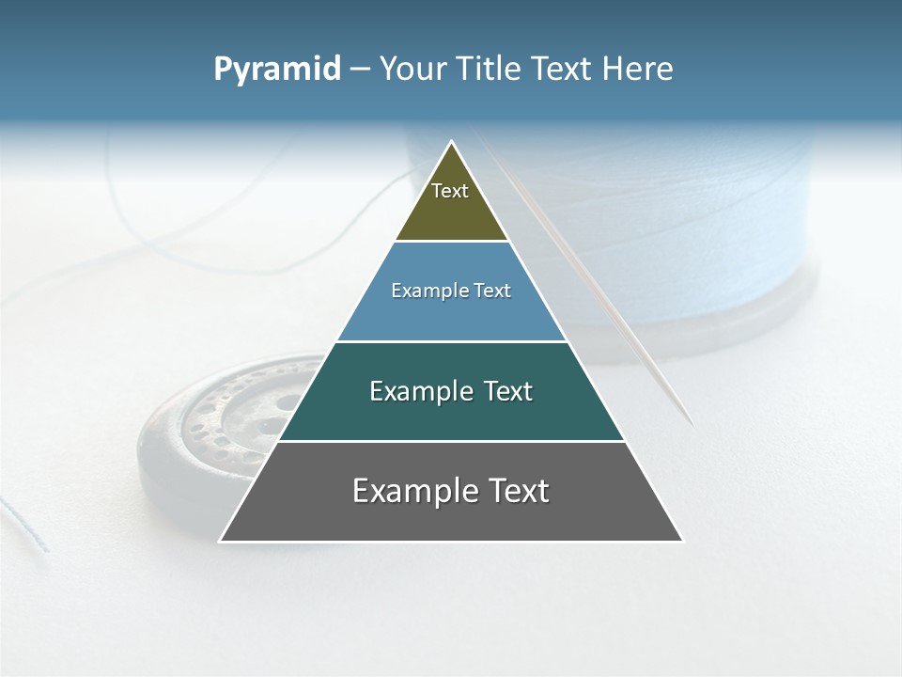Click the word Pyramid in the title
pos(276,70)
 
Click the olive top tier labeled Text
pos(451,202)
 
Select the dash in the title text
pos(360,70)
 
